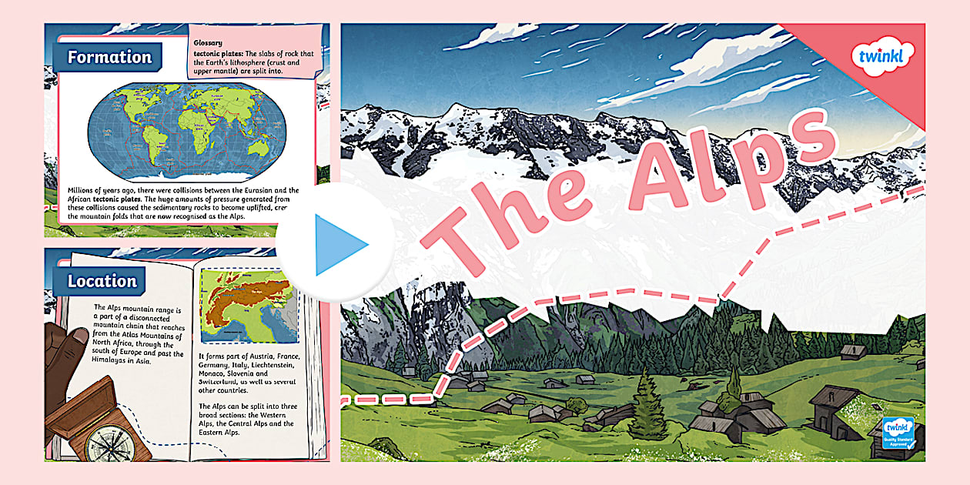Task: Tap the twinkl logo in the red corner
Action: click(x=883, y=58)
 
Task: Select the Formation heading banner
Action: click(x=109, y=57)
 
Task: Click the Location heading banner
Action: click(x=102, y=281)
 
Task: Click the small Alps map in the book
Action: click(x=246, y=305)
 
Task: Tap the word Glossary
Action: click(x=209, y=43)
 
